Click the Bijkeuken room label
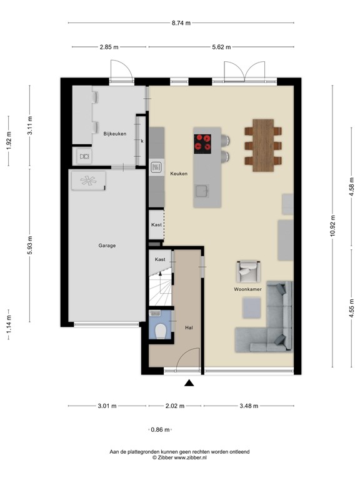click(114, 133)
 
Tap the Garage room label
click(107, 246)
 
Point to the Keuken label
click(179, 174)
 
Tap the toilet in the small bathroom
click(161, 331)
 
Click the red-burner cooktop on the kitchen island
click(204, 143)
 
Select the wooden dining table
click(265, 145)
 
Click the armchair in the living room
click(247, 272)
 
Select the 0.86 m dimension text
click(161, 429)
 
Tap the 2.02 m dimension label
click(174, 406)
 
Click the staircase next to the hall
click(160, 290)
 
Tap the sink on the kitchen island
click(201, 189)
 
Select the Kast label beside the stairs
click(160, 258)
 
